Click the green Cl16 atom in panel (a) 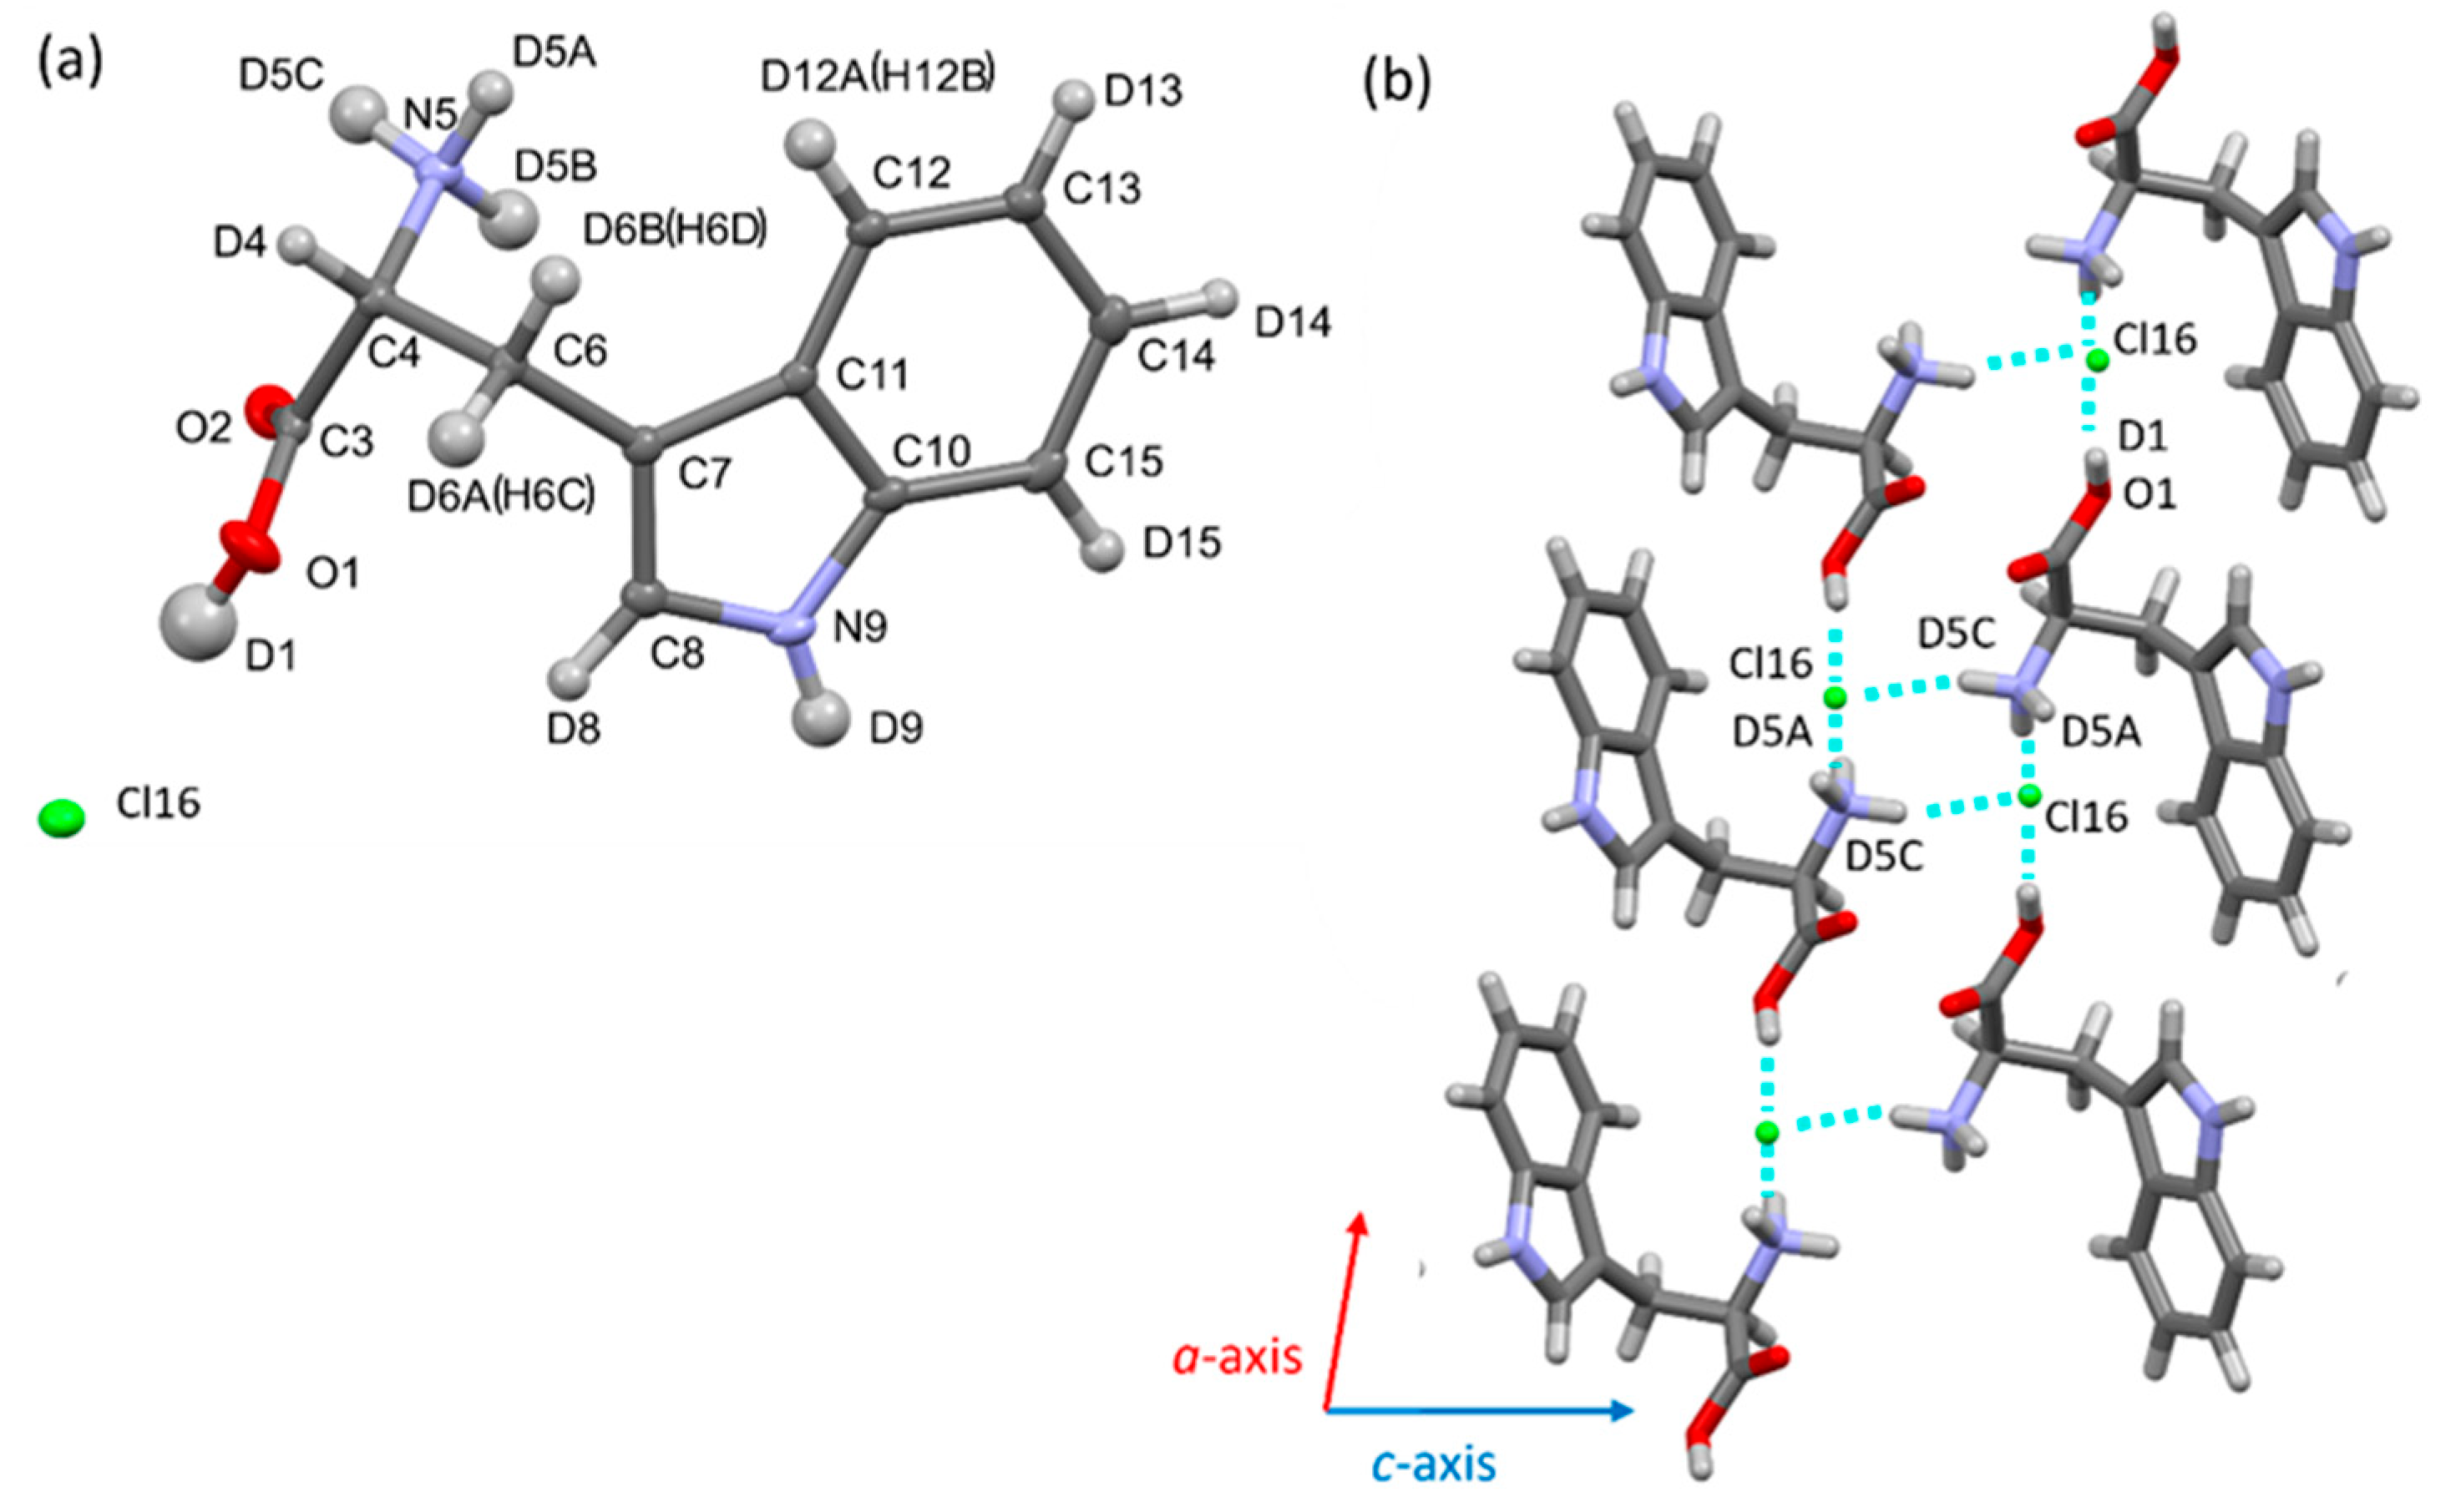61,819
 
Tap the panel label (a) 69,65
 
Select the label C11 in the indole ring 873,375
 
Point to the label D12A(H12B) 878,78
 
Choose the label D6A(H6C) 502,496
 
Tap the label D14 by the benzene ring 1293,322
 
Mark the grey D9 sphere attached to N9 826,717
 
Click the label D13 1144,92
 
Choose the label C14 1179,355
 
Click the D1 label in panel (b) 2143,435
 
